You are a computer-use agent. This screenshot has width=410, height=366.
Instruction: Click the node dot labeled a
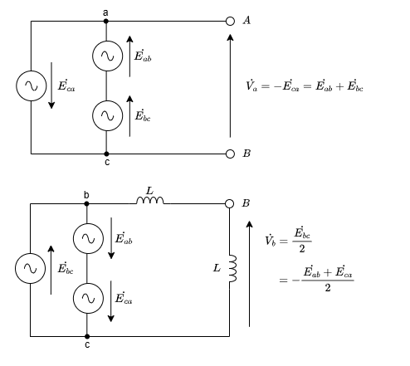[x=106, y=21]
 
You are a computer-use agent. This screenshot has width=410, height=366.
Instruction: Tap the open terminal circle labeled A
[x=230, y=21]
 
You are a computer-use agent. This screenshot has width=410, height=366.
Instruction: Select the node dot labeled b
[x=86, y=204]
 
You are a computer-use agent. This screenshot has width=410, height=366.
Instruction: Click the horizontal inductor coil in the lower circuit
[x=150, y=200]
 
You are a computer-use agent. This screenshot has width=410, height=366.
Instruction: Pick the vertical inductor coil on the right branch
[x=233, y=268]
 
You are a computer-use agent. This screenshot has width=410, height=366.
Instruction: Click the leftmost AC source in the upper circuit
[x=32, y=85]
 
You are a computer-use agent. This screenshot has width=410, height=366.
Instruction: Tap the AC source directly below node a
[x=107, y=56]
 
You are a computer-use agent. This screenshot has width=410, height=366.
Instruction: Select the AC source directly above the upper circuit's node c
[x=107, y=115]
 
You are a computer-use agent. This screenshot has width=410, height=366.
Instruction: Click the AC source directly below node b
[x=88, y=238]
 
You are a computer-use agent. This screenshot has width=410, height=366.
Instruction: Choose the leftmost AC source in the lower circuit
[x=30, y=268]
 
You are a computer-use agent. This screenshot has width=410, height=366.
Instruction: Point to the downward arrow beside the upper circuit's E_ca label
[x=51, y=85]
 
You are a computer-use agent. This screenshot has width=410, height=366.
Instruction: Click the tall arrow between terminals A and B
[x=230, y=85]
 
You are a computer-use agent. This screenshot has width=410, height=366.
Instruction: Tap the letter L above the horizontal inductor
[x=149, y=191]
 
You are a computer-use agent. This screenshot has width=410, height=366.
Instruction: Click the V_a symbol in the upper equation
[x=251, y=85]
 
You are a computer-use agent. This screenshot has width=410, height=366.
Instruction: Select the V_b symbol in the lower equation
[x=271, y=241]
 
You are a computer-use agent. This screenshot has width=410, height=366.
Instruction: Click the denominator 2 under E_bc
[x=302, y=249]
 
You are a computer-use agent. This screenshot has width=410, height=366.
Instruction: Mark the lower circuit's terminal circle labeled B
[x=229, y=204]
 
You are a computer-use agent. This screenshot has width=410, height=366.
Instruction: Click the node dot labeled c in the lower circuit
[x=87, y=337]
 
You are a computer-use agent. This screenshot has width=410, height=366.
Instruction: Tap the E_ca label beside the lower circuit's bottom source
[x=124, y=298]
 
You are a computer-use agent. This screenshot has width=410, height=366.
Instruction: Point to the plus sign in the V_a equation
[x=339, y=87]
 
